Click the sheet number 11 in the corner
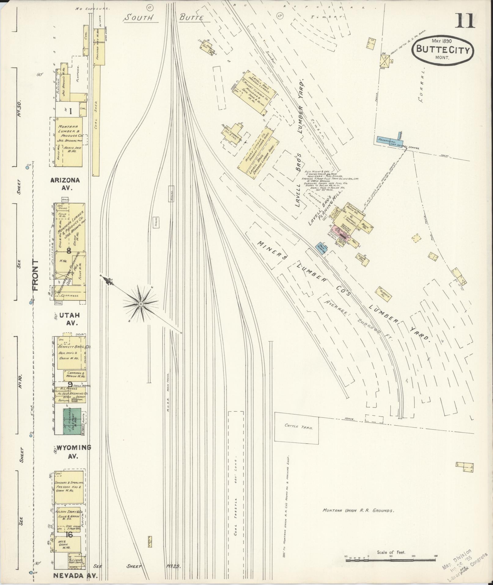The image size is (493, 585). (x=465, y=21)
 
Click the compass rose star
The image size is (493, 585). (x=140, y=304)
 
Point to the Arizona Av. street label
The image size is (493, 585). (x=65, y=184)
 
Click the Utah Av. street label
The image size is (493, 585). (x=69, y=318)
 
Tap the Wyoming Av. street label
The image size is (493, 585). (x=73, y=452)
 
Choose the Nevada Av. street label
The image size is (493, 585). (x=75, y=576)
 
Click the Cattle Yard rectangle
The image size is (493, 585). (x=296, y=427)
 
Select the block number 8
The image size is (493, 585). (x=69, y=251)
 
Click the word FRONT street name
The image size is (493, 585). (x=35, y=276)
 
